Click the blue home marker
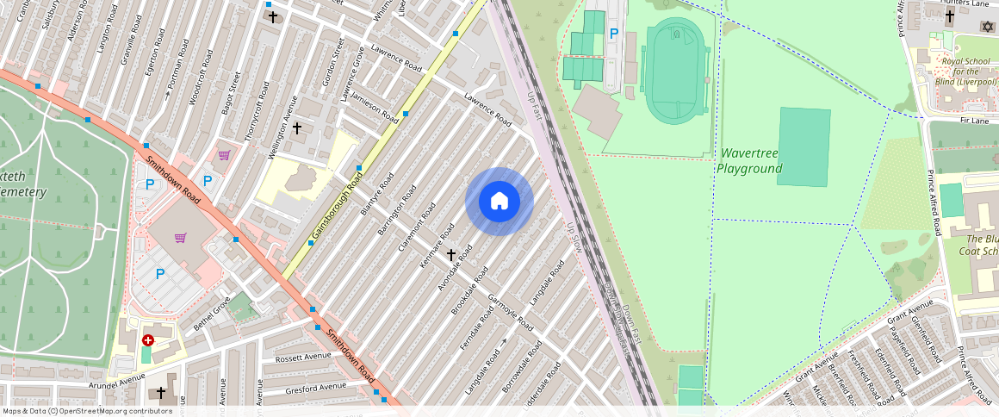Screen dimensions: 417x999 pyautogui.click(x=499, y=202)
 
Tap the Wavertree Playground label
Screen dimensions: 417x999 pyautogui.click(x=749, y=160)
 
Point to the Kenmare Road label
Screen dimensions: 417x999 pyautogui.click(x=437, y=245)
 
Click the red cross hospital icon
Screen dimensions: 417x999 pyautogui.click(x=148, y=341)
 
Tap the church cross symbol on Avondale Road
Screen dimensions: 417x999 pyautogui.click(x=450, y=255)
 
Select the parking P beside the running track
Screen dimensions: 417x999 pyautogui.click(x=613, y=34)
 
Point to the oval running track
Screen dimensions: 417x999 pyautogui.click(x=676, y=71)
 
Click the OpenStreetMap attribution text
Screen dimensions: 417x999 pyautogui.click(x=88, y=411)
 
